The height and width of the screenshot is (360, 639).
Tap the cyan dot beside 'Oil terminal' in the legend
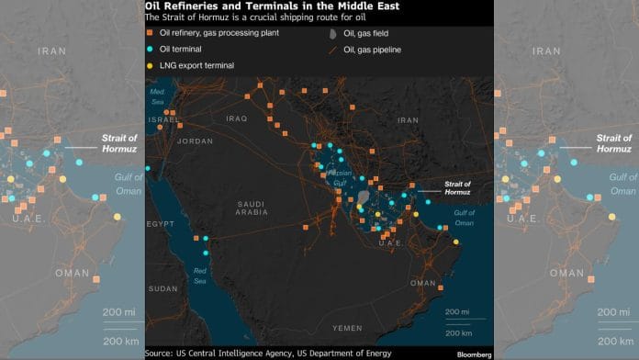[150, 50]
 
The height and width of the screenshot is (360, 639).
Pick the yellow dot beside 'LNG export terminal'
[150, 66]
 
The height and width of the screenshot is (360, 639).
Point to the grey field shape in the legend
[332, 34]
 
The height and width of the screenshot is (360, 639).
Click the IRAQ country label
[237, 118]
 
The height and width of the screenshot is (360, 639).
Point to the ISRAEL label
[164, 119]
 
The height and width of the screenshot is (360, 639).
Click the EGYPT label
[160, 223]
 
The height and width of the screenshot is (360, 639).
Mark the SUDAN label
[163, 288]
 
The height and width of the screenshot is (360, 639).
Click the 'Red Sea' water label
[200, 276]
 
